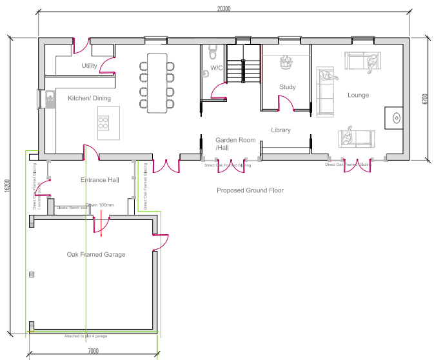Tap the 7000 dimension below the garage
93,352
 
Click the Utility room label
90,66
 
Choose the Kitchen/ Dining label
89,98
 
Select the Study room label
287,87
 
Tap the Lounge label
358,95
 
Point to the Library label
281,130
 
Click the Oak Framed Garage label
96,254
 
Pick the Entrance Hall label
100,179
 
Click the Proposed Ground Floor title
250,190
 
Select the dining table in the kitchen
157,83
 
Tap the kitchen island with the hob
104,123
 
